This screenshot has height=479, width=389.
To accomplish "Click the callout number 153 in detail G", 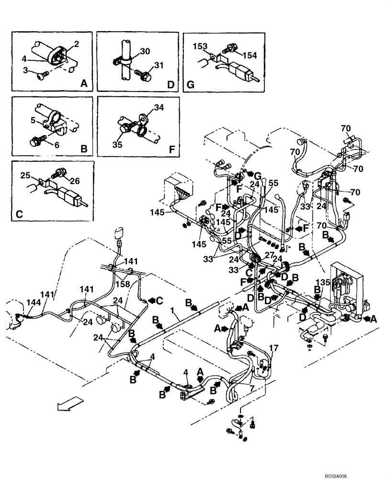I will point(200,46).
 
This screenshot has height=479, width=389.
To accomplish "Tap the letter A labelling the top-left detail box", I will point(84,83).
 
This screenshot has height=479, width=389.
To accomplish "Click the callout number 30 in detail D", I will point(146,51).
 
